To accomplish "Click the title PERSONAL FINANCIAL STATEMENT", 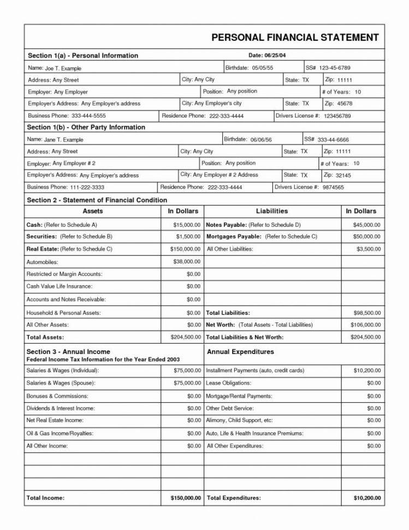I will [x=295, y=38].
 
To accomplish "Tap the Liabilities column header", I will [x=271, y=211].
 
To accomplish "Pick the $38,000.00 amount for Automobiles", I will [x=187, y=262].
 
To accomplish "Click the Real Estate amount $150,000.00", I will [x=185, y=249].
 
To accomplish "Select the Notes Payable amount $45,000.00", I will [x=367, y=225].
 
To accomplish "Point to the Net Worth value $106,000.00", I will [x=365, y=325].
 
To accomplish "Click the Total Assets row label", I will [x=45, y=337].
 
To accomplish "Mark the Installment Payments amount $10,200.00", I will [x=367, y=370].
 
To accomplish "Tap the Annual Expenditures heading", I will [x=240, y=352].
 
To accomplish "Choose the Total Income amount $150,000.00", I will [x=186, y=498].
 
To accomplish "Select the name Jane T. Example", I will [x=64, y=140].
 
